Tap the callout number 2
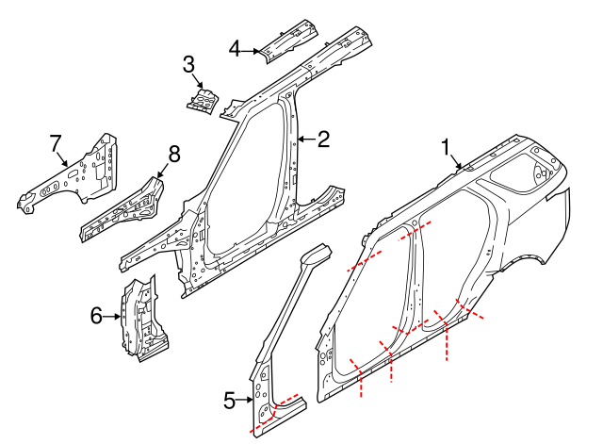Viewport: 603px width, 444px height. [x=323, y=140]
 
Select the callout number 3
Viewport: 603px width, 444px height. [x=188, y=64]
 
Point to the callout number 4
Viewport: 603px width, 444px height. [x=236, y=47]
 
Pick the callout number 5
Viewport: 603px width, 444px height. [x=229, y=401]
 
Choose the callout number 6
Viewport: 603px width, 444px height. [x=97, y=316]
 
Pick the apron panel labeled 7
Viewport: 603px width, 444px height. [x=80, y=174]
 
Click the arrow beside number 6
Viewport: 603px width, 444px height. [x=114, y=317]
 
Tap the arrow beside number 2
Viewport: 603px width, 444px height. [x=305, y=140]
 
